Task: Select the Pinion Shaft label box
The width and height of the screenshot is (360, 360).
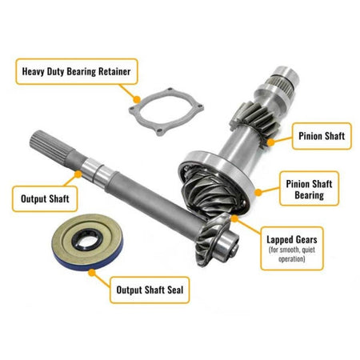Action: [318, 136]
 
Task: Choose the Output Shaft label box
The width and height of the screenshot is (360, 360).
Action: [41, 194]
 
